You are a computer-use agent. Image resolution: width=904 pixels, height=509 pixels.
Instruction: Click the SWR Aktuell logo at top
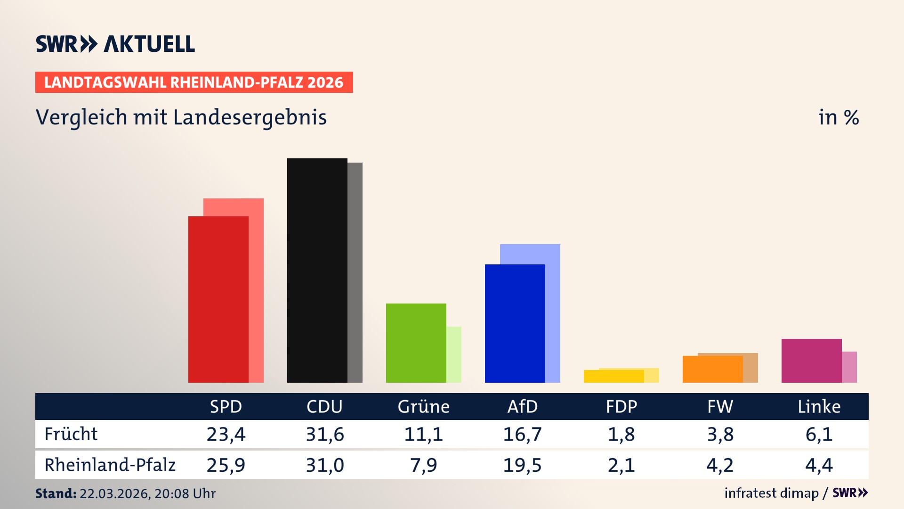[x=115, y=44]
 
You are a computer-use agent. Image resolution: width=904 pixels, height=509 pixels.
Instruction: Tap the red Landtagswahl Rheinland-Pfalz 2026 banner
[x=194, y=82]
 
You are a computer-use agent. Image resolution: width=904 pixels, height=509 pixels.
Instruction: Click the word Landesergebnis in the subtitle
[x=250, y=118]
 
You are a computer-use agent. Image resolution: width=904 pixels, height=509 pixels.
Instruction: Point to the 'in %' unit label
[x=838, y=118]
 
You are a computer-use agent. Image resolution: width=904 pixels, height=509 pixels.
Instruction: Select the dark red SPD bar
[x=218, y=299]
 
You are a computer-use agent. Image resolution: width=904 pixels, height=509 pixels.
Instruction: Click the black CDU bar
[x=317, y=270]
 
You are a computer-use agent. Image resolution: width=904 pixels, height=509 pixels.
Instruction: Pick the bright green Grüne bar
[x=416, y=343]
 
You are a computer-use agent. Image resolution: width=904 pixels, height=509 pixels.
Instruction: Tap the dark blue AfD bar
[x=515, y=323]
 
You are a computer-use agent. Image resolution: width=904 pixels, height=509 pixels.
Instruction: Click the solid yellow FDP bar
[x=613, y=376]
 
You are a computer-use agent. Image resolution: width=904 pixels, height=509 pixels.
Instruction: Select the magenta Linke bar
[x=811, y=361]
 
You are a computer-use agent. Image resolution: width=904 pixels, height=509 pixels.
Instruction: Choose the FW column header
[x=720, y=407]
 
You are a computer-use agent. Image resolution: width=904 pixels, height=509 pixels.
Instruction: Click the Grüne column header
[x=423, y=407]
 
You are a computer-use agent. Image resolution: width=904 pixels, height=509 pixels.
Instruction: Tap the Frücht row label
[x=71, y=434]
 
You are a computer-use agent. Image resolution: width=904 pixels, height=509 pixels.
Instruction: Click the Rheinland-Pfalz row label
[x=110, y=465]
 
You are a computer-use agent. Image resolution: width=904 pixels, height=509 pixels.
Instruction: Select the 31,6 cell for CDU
[x=325, y=434]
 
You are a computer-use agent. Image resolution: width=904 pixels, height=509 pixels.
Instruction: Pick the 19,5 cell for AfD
[x=522, y=465]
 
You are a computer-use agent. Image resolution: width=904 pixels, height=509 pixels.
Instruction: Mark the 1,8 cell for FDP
[x=621, y=434]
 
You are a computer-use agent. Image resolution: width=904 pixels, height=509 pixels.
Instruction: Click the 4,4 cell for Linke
[x=819, y=465]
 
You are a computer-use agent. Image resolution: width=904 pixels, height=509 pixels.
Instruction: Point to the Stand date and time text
[x=125, y=493]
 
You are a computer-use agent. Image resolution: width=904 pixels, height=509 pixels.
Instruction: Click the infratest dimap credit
[x=771, y=493]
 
